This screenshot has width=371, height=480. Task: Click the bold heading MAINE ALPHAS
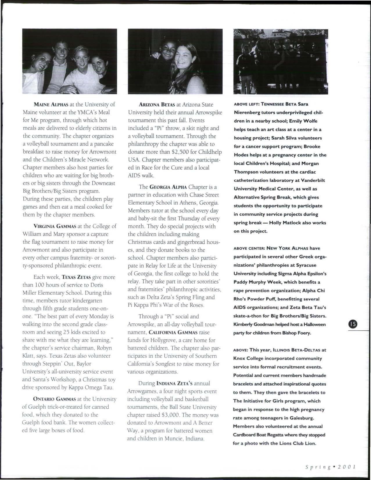(49, 104)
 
